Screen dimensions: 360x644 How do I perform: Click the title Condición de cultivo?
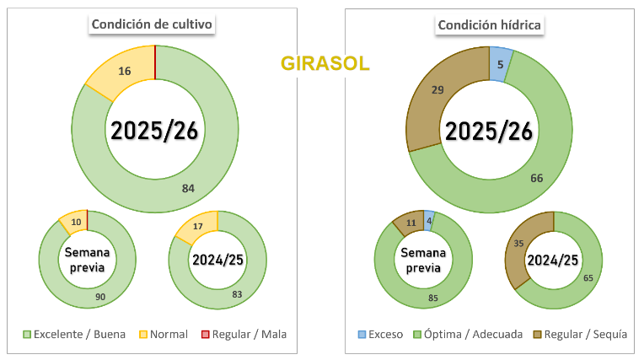(153, 24)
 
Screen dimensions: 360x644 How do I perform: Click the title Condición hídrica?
(490, 24)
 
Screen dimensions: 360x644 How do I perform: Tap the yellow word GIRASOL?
(325, 64)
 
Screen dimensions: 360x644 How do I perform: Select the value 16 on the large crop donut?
(124, 72)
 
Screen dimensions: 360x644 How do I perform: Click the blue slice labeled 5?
(500, 64)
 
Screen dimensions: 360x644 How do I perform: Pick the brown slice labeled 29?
(438, 89)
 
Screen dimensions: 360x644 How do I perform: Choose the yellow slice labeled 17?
(199, 225)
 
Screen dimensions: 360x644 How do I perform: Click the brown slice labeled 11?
(411, 223)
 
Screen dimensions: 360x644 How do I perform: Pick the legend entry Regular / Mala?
(244, 334)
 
